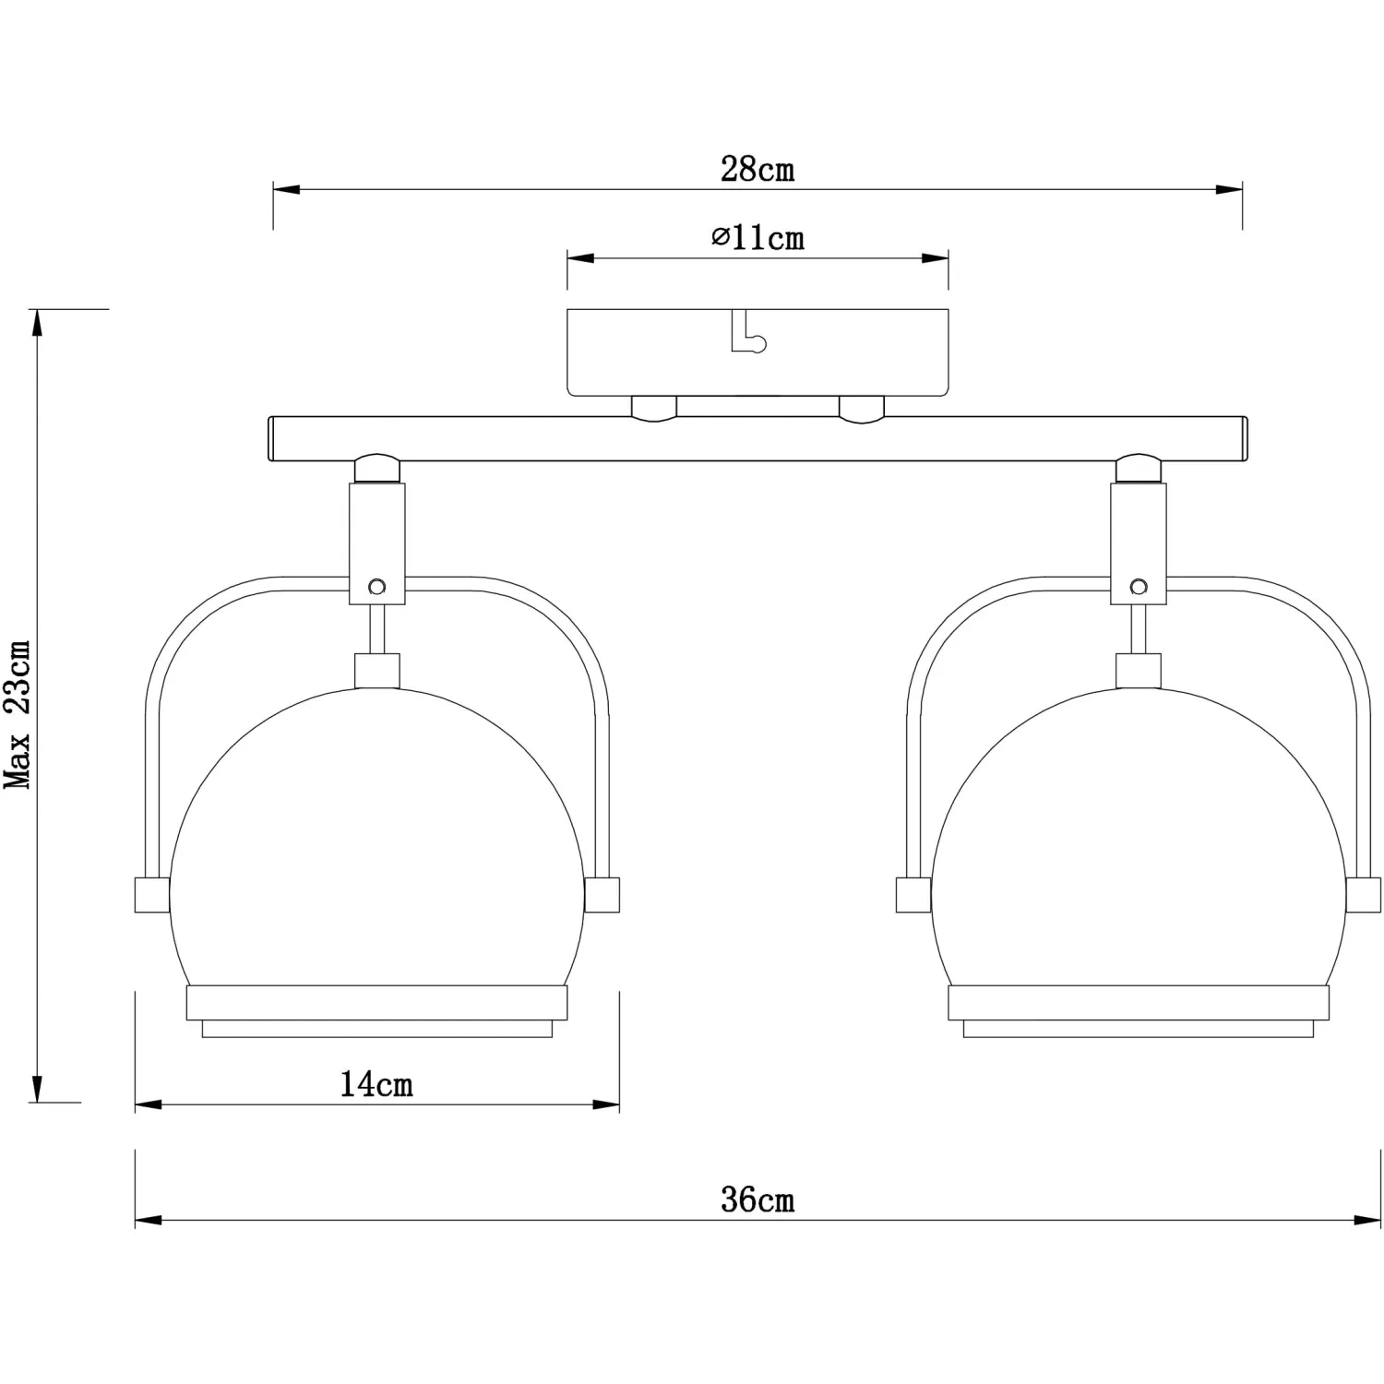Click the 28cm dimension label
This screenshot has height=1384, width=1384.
[x=757, y=170]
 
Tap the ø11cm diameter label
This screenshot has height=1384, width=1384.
[x=758, y=238]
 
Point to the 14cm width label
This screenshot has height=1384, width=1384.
[x=376, y=1083]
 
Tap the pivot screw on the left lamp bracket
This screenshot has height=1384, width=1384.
[x=376, y=586]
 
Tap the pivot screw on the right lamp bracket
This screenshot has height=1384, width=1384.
[x=1139, y=586]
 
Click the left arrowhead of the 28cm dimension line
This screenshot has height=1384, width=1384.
[x=287, y=190]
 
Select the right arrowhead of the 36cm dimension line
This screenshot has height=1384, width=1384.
[x=1366, y=1220]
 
